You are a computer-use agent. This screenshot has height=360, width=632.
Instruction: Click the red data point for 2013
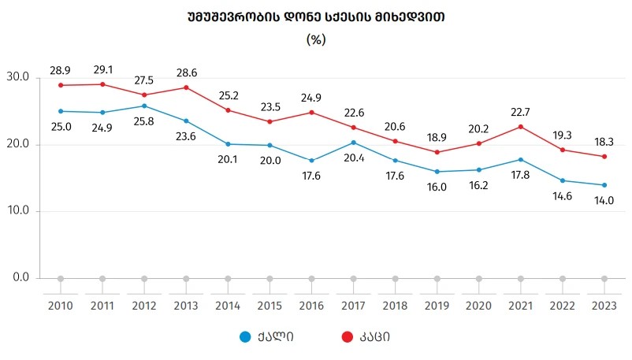[x=186, y=87]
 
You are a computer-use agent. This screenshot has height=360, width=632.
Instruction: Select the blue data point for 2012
[x=144, y=106]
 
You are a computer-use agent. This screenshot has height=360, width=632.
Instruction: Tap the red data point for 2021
[x=521, y=127]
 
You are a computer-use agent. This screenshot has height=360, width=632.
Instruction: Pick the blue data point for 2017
[x=353, y=143]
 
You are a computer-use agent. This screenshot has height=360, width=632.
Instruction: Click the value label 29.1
[x=102, y=70]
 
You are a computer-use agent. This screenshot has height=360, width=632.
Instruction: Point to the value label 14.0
[x=604, y=201]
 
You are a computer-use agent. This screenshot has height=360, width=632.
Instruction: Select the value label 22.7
[x=521, y=112]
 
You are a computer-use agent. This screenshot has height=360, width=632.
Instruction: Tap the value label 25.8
[x=144, y=121]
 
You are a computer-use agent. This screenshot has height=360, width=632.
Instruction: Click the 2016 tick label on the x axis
[x=311, y=305]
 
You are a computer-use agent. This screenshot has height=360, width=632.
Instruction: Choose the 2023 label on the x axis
[x=604, y=305]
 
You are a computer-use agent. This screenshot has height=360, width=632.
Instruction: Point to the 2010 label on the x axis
[x=61, y=305]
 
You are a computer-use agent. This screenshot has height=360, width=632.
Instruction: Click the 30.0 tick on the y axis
[x=17, y=77]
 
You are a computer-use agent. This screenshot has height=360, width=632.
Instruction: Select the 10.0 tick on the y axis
[x=17, y=211]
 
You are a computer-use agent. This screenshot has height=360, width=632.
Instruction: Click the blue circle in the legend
[x=246, y=337]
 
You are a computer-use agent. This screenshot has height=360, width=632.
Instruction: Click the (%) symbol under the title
[x=315, y=39]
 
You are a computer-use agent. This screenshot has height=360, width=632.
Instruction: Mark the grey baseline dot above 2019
[x=437, y=278]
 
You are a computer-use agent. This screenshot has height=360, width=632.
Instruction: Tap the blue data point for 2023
[x=604, y=185]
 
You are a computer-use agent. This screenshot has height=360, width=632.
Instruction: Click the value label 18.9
[x=437, y=137]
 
